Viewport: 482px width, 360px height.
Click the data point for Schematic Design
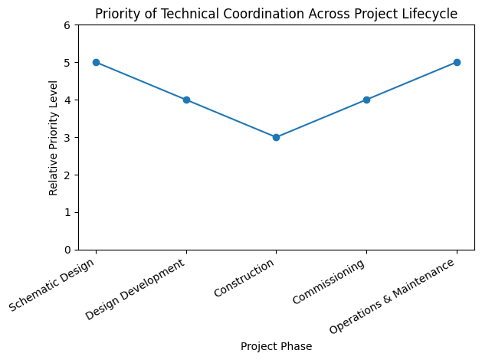96,62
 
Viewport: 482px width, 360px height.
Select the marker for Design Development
186,100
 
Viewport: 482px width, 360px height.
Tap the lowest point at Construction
276,137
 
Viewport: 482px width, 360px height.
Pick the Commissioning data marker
366,100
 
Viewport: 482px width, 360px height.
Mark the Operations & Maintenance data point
457,62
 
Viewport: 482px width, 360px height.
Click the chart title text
276,14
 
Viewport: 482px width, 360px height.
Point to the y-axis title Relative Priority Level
54,137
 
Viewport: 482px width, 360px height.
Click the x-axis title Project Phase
276,346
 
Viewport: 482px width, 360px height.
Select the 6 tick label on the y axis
67,25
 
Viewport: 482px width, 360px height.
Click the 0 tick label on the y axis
67,250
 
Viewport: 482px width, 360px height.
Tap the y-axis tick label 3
67,138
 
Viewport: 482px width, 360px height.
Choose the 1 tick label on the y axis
67,212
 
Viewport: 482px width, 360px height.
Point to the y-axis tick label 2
67,175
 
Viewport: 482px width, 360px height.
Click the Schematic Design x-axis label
53,284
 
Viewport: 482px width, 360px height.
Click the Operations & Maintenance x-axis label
393,295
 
